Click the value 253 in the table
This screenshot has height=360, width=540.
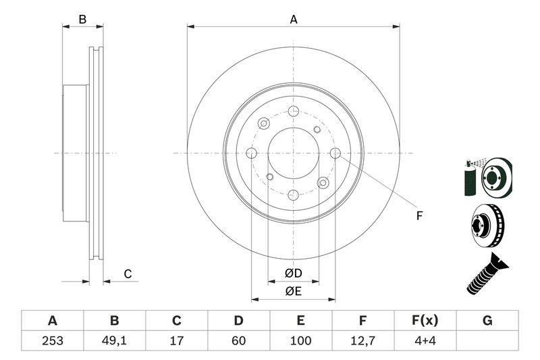pos(52,340)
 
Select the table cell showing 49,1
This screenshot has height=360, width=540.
pos(114,340)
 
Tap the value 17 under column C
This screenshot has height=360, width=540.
pos(176,340)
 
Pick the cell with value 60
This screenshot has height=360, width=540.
pos(238,340)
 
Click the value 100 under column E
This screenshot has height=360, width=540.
pos(300,340)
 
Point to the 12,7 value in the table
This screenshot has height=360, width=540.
pos(362,340)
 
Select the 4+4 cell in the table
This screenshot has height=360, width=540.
pos(425,340)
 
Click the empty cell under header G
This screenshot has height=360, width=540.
pos(487,340)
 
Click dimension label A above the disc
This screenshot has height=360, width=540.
pos(294,20)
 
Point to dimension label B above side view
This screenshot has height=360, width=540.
pos(82,20)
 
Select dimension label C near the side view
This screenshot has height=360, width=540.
pos(127,274)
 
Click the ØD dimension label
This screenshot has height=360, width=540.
pos(293,274)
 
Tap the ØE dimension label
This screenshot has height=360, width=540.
pos(293,291)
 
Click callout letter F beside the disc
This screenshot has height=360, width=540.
pos(418,216)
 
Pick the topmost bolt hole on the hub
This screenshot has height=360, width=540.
pos(293,112)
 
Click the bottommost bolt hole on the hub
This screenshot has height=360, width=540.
pos(293,195)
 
